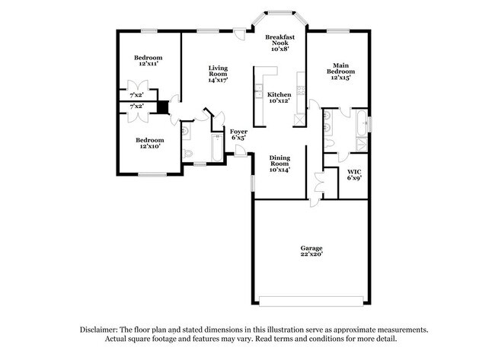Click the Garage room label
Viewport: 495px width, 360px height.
(311, 248)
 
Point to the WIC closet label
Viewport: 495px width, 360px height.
(354, 172)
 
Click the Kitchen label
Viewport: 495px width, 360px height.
(278, 94)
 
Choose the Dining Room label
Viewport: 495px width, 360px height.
(279, 161)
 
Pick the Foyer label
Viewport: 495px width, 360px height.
(238, 132)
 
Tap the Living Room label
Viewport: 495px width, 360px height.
(219, 71)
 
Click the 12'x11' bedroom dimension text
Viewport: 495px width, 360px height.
(148, 65)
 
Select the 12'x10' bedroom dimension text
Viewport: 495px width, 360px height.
(148, 146)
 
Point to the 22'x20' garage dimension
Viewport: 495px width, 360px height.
(311, 255)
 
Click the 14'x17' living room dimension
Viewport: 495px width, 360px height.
(219, 80)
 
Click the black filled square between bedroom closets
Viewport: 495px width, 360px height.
(162, 107)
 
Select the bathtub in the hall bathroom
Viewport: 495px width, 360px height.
(216, 148)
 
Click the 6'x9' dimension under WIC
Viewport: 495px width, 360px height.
(354, 178)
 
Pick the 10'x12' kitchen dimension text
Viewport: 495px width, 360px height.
(279, 100)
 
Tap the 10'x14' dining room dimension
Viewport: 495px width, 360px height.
(279, 170)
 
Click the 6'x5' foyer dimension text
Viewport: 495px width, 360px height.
(238, 139)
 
